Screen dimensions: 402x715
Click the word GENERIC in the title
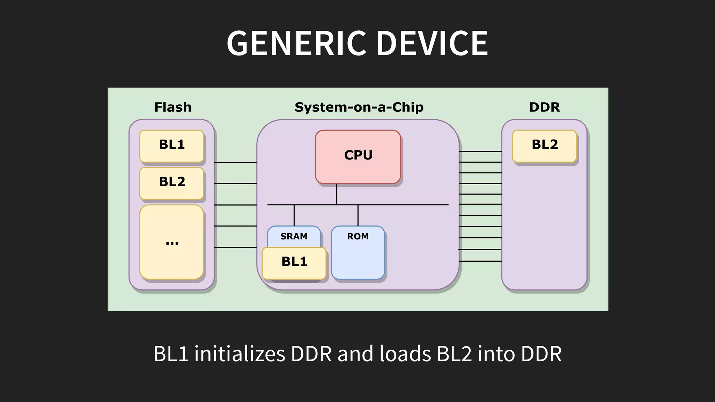(297, 43)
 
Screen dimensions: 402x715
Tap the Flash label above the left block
(173, 107)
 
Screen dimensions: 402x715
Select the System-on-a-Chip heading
(359, 107)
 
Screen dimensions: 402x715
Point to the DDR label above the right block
(544, 107)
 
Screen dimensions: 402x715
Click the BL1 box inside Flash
(171, 146)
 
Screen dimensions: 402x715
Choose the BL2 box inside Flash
(171, 183)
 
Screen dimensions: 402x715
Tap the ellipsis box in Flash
(171, 242)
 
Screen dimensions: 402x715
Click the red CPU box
(358, 156)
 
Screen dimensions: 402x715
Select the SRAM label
(294, 236)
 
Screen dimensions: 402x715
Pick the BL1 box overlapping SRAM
(294, 263)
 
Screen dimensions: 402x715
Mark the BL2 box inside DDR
(544, 146)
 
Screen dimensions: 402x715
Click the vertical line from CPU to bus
(337, 194)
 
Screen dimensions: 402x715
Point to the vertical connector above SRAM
(294, 215)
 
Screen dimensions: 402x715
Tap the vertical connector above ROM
(358, 215)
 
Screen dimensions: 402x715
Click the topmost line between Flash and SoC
(235, 162)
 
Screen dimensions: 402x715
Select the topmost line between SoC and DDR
(480, 151)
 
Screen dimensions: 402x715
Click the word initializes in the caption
(239, 354)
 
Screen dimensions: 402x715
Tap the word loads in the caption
(405, 354)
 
